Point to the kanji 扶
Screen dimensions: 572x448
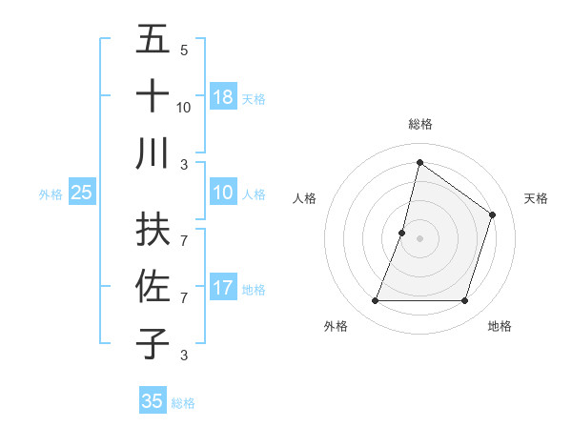pyautogui.click(x=153, y=231)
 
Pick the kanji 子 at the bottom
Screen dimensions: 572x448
pyautogui.click(x=153, y=343)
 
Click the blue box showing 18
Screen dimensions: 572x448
pyautogui.click(x=223, y=96)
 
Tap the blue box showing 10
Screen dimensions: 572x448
pyautogui.click(x=223, y=193)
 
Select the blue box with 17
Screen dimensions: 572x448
pyautogui.click(x=223, y=288)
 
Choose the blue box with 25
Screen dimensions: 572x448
pyautogui.click(x=82, y=193)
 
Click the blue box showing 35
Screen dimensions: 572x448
pyautogui.click(x=153, y=401)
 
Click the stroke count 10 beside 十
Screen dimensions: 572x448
pyautogui.click(x=184, y=107)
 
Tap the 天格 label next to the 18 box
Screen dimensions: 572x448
pyautogui.click(x=253, y=98)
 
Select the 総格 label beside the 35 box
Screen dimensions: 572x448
pyautogui.click(x=183, y=403)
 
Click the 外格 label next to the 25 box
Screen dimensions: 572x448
pyautogui.click(x=51, y=194)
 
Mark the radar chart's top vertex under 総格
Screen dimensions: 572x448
pyautogui.click(x=419, y=162)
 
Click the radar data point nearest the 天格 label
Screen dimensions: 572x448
pyautogui.click(x=493, y=215)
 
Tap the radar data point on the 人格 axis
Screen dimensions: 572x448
pyautogui.click(x=402, y=233)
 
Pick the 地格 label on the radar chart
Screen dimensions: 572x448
pyautogui.click(x=500, y=326)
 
